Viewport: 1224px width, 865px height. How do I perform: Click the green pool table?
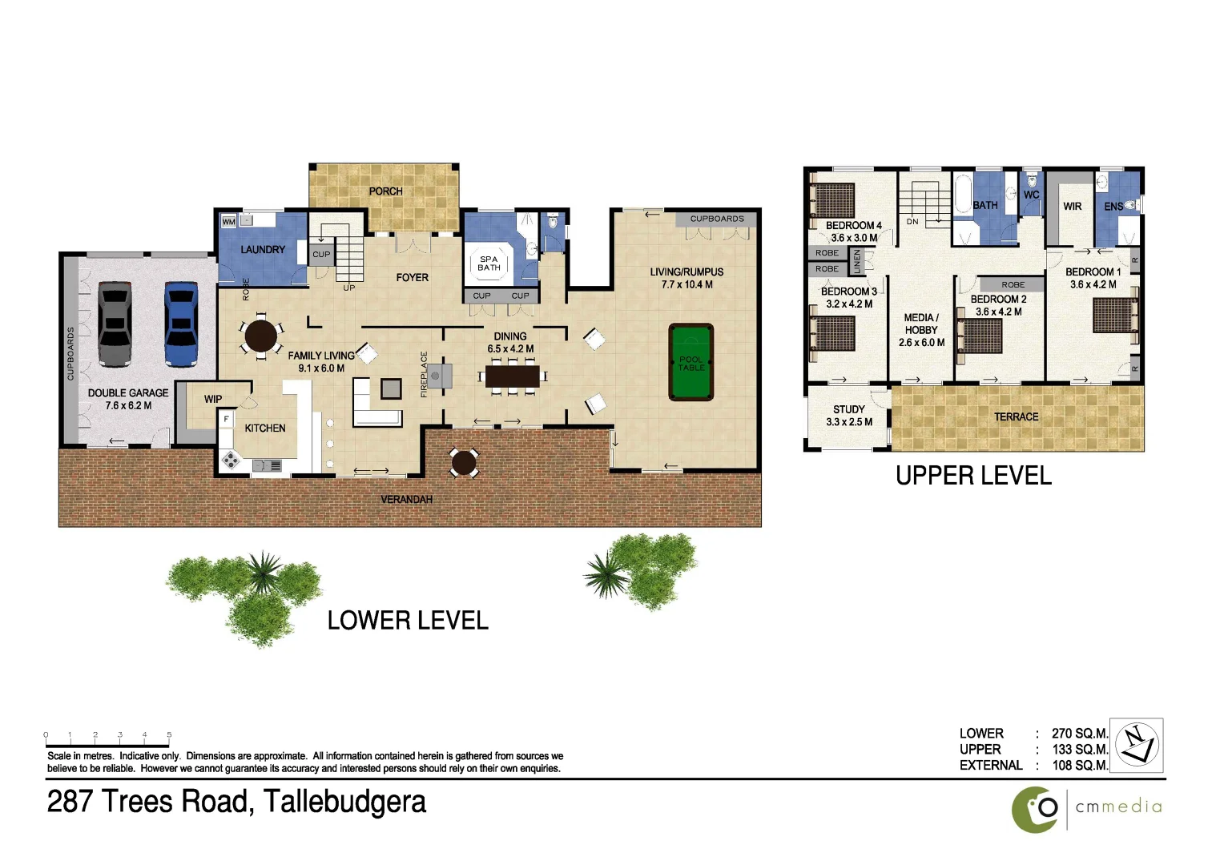(x=691, y=362)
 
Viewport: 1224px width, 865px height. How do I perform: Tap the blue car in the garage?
(x=181, y=324)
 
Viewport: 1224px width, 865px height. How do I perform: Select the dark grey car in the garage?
(x=115, y=324)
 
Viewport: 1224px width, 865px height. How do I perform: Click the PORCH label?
(x=385, y=191)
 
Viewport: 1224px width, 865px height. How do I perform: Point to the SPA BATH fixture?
(x=489, y=264)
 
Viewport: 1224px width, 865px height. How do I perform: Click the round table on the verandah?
(x=464, y=462)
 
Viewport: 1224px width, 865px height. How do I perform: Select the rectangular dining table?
(x=512, y=376)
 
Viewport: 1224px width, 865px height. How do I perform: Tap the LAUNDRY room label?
(x=262, y=250)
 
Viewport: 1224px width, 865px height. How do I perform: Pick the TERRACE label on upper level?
(x=1016, y=417)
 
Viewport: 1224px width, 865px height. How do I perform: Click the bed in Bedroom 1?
(x=1115, y=315)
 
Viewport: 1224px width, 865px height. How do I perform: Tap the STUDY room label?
(x=848, y=409)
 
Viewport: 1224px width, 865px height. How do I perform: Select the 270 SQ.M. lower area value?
(x=1079, y=734)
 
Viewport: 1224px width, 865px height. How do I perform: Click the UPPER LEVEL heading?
(x=973, y=476)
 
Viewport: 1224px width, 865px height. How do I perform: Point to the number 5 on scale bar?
(x=169, y=734)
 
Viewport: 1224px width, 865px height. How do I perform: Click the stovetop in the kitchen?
(x=231, y=461)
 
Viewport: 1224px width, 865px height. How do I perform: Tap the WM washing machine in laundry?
(x=228, y=222)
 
